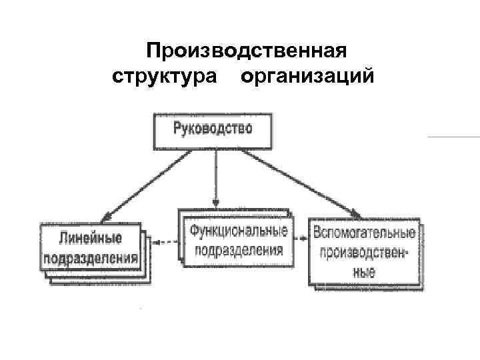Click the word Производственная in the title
[x=247, y=51]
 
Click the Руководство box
[x=213, y=131]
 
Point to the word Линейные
[x=91, y=238]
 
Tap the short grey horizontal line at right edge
[x=453, y=137]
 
